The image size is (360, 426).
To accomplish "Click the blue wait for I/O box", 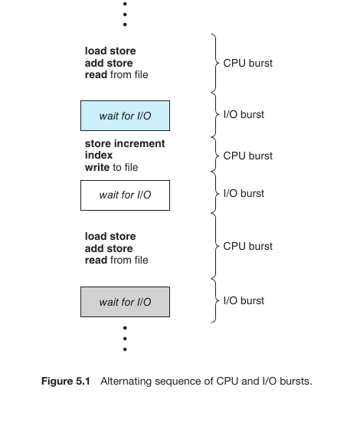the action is click(126, 116).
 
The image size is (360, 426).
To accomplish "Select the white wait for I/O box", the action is click(126, 195).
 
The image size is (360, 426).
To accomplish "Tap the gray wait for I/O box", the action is click(126, 302).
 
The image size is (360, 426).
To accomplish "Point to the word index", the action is click(99, 155).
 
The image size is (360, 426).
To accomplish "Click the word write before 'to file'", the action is click(97, 167).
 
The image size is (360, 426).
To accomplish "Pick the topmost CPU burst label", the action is click(248, 63).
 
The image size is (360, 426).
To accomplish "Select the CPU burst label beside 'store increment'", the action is click(248, 156).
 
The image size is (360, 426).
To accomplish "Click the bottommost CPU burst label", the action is click(248, 246).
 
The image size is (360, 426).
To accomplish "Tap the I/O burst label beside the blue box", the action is click(244, 114).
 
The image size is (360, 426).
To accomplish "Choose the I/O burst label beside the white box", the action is click(244, 193).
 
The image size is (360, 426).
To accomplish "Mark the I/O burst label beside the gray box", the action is click(244, 301).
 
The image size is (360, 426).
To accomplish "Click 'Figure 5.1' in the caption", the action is click(65, 381).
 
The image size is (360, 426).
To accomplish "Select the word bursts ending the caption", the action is click(296, 381).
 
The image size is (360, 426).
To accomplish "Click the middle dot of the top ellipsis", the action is click(125, 14).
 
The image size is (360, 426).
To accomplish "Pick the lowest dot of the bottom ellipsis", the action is click(125, 349).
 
